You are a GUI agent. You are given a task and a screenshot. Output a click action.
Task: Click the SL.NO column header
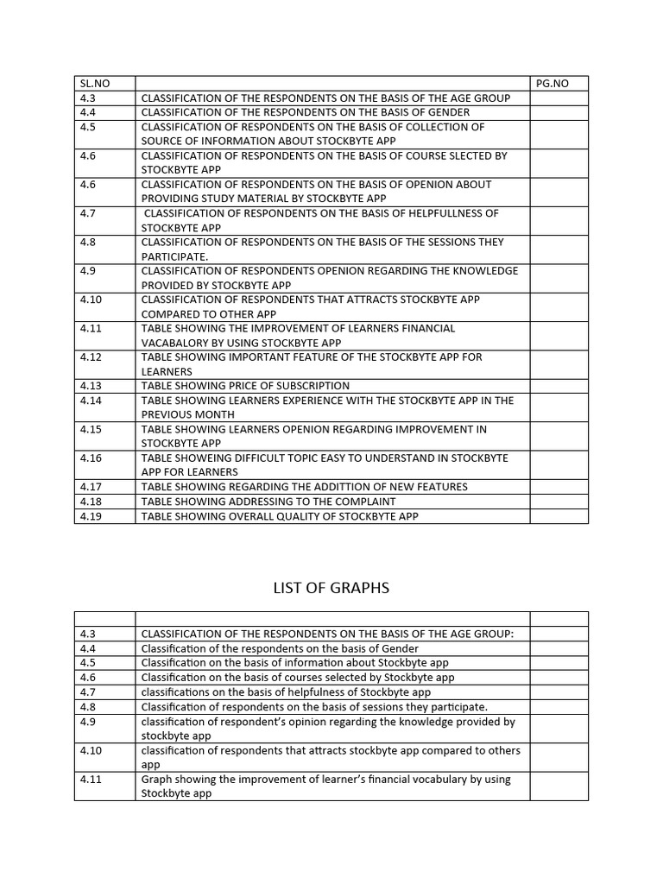point(95,84)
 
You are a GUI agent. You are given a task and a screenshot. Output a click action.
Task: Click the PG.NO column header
point(552,84)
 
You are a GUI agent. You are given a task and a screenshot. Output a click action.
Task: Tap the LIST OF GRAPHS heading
point(331,588)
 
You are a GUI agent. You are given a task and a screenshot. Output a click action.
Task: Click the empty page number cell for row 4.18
point(559,502)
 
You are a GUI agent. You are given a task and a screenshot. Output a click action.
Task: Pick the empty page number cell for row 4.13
point(559,386)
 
